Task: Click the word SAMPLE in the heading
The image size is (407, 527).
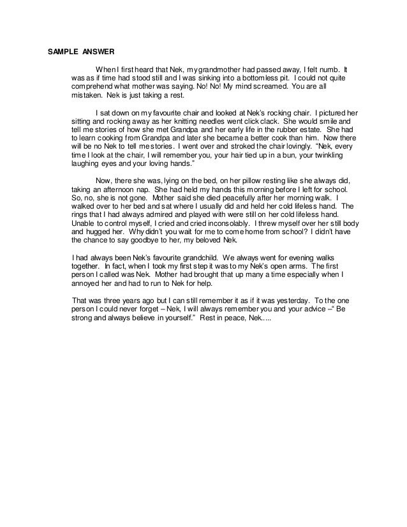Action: pos(63,52)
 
